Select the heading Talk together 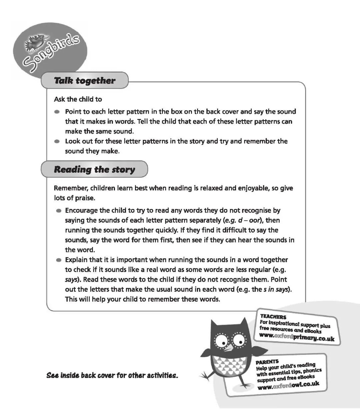[84, 81]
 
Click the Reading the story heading [94, 169]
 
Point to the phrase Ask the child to [78, 99]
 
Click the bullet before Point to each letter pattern [57, 112]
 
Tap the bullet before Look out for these [57, 141]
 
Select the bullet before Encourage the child [59, 211]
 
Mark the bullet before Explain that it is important [59, 260]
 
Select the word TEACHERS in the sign [273, 317]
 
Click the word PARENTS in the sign [267, 362]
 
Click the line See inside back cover [112, 376]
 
